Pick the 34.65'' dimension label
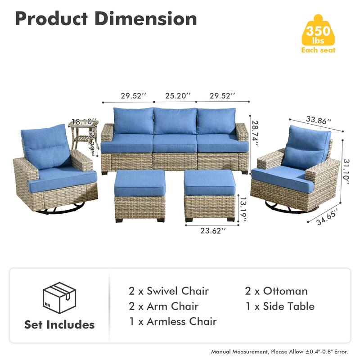[328, 215]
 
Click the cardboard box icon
[59, 297]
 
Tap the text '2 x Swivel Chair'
[168, 291]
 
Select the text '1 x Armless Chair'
[172, 321]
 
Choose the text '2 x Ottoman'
[276, 291]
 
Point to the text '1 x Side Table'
[280, 306]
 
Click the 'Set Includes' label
[59, 324]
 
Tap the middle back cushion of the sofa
[175, 120]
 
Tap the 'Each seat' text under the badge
[318, 50]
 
